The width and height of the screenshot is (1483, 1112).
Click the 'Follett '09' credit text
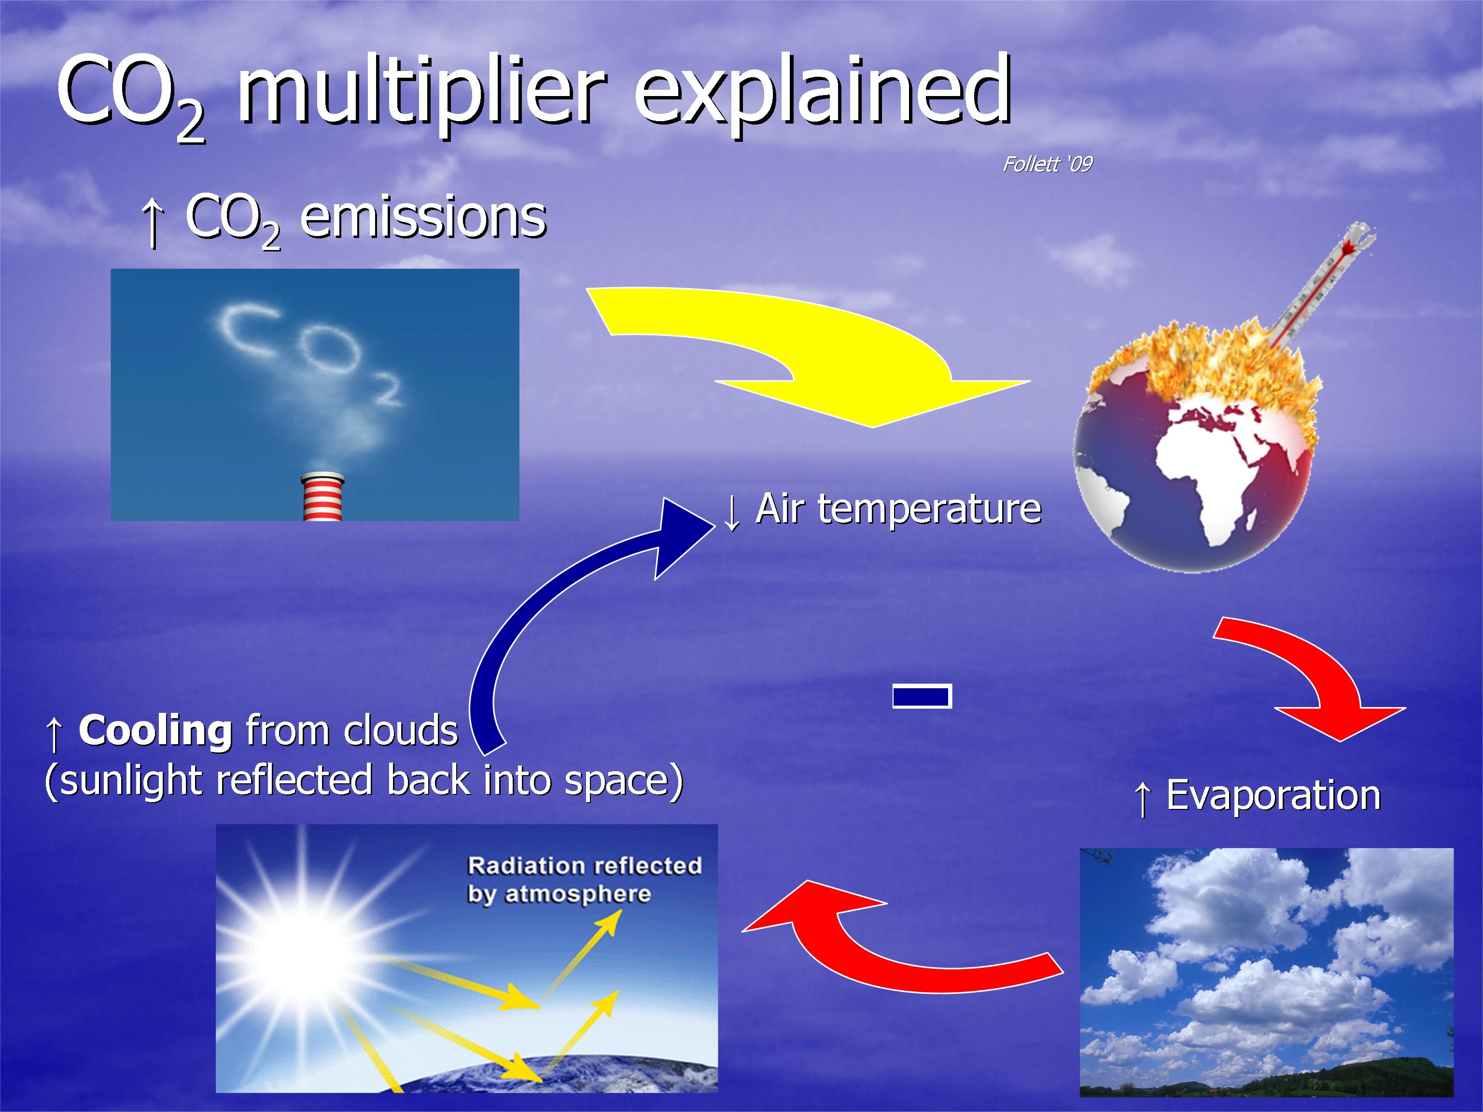tap(1047, 164)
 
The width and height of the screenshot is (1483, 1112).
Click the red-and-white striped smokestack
tap(322, 497)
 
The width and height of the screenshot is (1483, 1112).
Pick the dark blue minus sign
tap(922, 696)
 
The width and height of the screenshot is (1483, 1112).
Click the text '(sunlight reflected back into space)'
tap(364, 781)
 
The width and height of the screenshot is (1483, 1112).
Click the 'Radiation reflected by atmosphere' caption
tap(583, 879)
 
